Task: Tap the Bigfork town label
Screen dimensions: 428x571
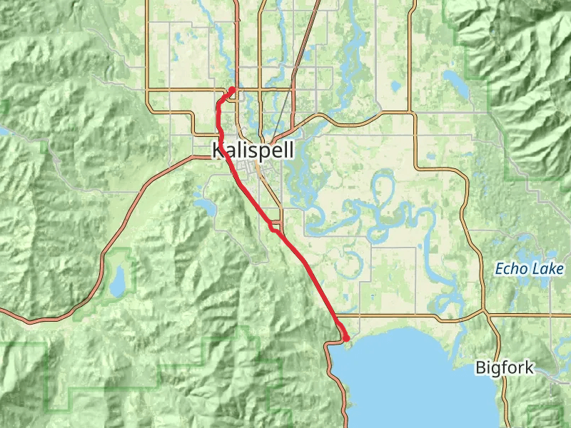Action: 504,368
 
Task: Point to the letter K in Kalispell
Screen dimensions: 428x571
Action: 218,151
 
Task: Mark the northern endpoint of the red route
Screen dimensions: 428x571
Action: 233,89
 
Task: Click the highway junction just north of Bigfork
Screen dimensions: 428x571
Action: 485,313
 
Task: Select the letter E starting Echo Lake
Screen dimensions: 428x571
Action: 500,270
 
